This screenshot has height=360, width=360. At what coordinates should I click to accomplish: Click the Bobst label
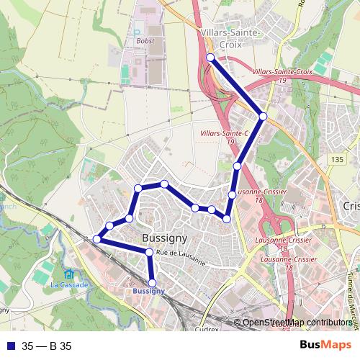[x=145, y=41]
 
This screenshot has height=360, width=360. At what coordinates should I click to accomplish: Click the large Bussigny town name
[x=165, y=238]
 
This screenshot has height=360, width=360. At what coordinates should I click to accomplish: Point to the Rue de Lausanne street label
[x=181, y=258]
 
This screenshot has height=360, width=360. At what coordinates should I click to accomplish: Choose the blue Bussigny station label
[x=149, y=291]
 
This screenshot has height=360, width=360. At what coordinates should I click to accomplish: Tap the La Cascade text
[x=69, y=284]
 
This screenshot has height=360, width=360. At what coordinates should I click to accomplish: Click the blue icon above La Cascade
[x=68, y=274]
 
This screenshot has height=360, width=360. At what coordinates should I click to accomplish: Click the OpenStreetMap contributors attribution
[x=297, y=323]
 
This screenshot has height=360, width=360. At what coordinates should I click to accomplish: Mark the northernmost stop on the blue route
[x=210, y=57]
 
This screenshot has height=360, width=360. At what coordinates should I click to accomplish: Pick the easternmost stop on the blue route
[x=264, y=116]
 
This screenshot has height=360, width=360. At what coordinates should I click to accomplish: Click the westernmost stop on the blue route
[x=96, y=239]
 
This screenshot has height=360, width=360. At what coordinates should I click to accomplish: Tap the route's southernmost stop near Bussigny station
[x=152, y=283]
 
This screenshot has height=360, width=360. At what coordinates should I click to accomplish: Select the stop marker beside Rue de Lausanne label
[x=149, y=252]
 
